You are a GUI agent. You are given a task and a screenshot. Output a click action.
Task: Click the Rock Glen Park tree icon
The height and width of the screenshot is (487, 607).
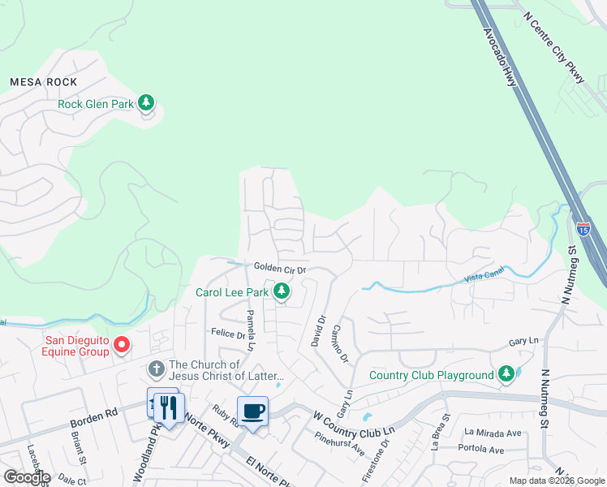146,103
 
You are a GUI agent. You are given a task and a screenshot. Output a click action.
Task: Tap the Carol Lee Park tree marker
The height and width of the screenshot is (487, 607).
282,291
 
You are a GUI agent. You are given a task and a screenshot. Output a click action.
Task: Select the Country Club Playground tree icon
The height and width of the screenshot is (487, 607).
506,374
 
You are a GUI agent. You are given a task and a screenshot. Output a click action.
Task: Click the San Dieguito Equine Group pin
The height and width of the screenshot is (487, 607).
122,345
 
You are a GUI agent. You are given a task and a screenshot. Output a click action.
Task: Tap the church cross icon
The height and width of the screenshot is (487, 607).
156,369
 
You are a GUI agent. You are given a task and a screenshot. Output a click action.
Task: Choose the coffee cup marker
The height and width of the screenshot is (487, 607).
252,410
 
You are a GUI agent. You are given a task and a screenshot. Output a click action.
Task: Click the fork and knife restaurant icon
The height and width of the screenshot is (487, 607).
169,407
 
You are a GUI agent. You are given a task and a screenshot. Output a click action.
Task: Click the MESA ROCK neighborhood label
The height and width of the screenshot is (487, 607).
43,82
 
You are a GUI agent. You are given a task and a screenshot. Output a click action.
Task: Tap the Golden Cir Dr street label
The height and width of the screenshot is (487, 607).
279,268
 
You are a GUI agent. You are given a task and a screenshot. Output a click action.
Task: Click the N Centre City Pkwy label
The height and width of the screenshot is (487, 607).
554,48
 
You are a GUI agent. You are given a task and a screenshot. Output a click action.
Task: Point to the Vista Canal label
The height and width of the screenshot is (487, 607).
484,278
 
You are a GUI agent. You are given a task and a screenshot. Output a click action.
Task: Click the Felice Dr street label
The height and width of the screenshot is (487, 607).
228,334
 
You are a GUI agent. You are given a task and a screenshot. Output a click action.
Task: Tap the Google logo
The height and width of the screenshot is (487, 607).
27,477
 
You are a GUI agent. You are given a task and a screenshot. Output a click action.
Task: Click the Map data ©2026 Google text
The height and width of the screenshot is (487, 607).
556,481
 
